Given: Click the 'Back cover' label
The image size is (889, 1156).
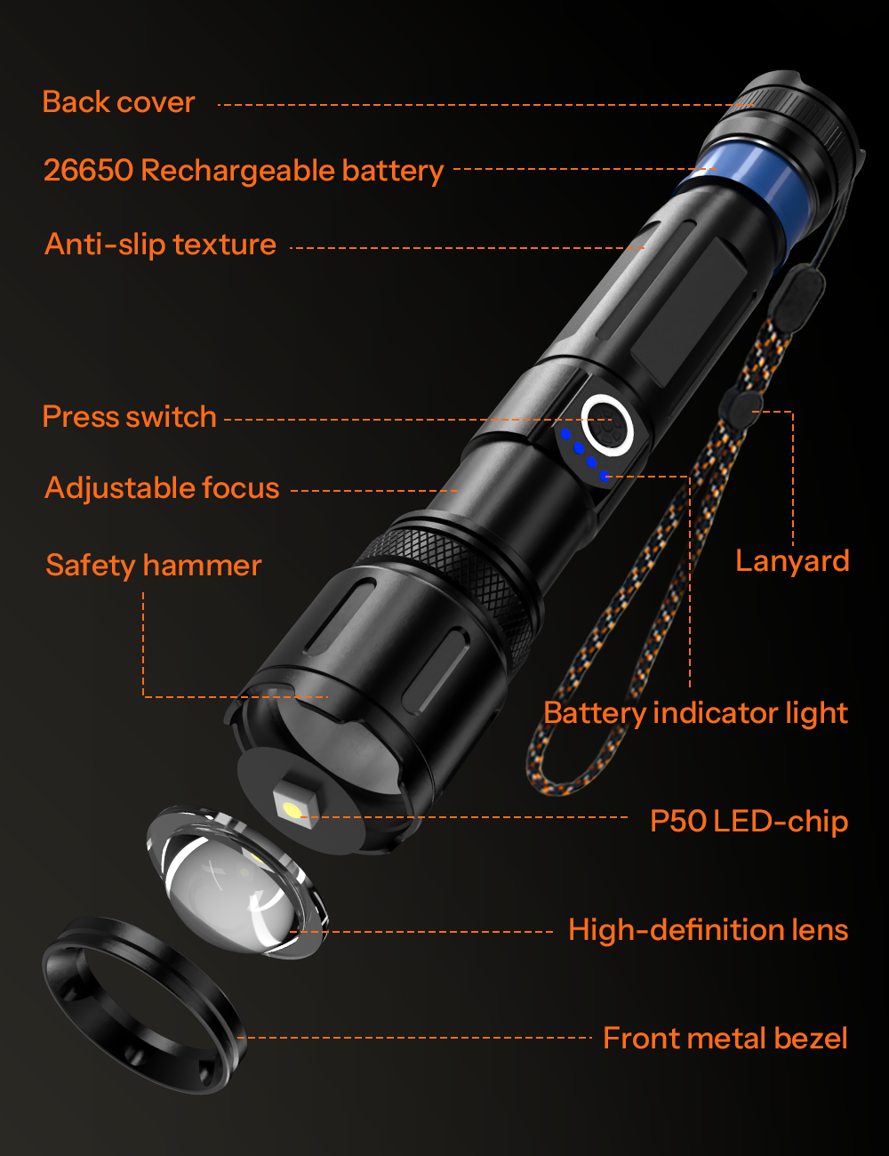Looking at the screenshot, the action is click(118, 101).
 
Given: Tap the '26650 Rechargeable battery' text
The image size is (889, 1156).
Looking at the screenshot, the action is click(244, 171).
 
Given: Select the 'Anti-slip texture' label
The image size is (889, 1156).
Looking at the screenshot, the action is click(161, 245).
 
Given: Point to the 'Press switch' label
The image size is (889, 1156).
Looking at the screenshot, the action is click(129, 416).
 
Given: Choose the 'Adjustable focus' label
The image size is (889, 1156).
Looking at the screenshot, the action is click(162, 488).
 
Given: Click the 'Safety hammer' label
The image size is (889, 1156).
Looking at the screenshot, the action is click(154, 565).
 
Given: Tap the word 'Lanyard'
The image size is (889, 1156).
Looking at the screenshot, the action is click(792, 561).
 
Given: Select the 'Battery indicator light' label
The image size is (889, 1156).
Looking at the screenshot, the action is click(695, 713).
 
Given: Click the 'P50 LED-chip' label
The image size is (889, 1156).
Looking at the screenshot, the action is click(749, 821).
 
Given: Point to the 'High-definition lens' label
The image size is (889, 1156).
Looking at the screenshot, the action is click(709, 929).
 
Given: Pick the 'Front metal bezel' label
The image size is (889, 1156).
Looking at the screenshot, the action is click(725, 1038).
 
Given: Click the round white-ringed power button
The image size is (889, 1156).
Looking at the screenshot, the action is click(607, 425).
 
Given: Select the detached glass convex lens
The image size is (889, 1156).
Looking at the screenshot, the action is click(236, 881).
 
